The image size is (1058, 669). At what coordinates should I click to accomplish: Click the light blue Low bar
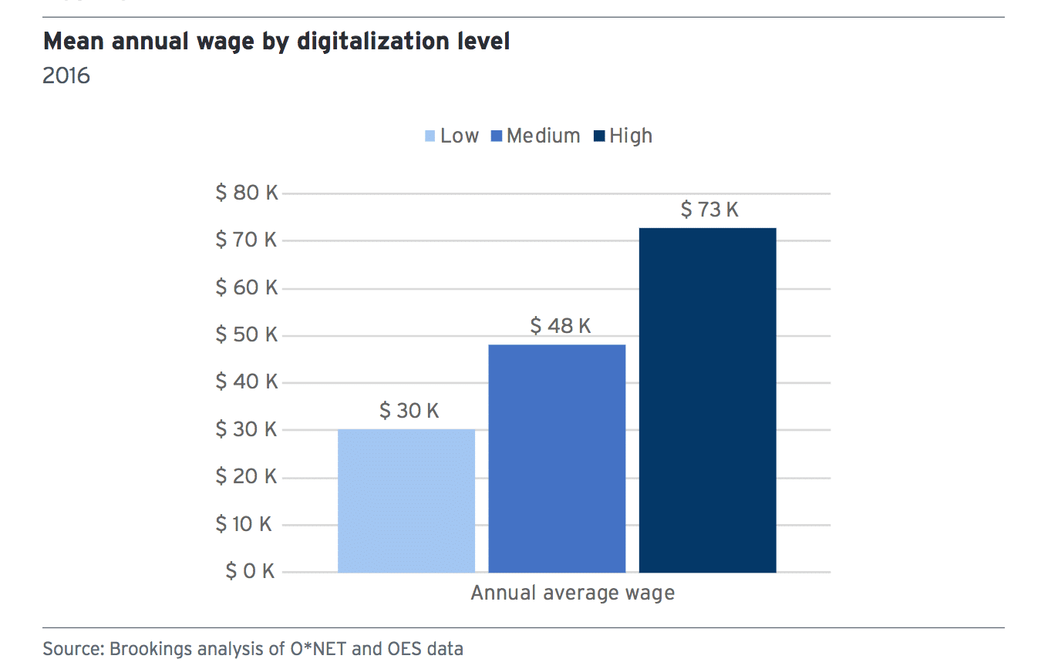click(406, 501)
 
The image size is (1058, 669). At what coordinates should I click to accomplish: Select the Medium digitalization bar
click(557, 459)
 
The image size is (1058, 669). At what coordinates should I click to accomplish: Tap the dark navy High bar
click(707, 400)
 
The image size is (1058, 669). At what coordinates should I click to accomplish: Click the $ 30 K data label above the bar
click(409, 411)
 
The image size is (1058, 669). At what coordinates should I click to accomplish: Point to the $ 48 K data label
click(561, 326)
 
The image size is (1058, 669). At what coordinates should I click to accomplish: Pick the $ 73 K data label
click(709, 210)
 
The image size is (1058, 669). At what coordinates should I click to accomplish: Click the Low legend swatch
click(430, 137)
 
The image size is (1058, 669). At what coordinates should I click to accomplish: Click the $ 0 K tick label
click(250, 571)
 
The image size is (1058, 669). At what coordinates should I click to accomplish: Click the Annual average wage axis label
click(572, 593)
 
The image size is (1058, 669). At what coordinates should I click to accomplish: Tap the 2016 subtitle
click(66, 76)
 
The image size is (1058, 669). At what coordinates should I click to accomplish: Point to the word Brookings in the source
click(144, 649)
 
